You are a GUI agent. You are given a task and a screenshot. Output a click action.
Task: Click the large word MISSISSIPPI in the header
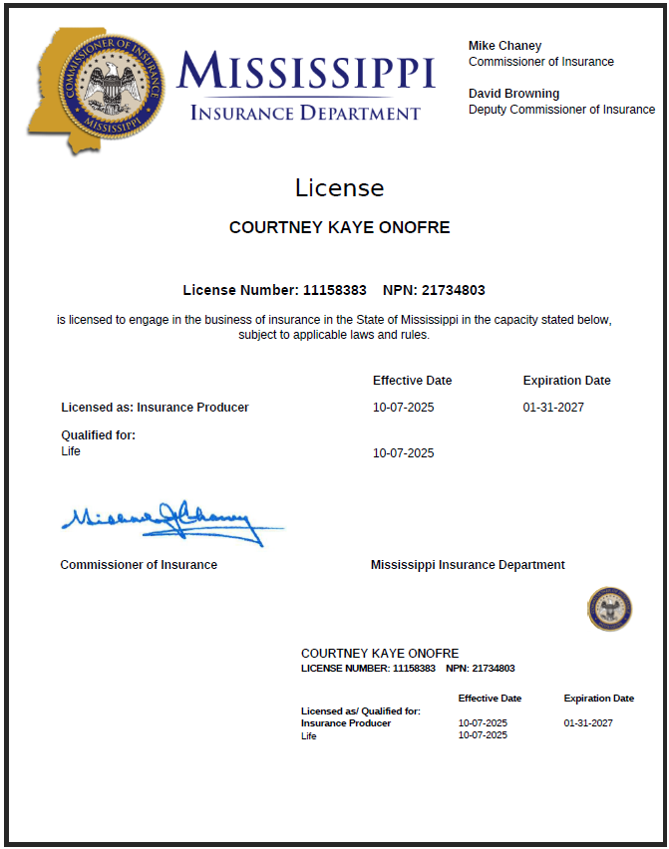(x=306, y=72)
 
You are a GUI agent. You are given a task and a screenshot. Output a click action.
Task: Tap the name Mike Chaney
(x=505, y=46)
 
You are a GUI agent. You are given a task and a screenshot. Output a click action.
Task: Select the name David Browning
(x=513, y=94)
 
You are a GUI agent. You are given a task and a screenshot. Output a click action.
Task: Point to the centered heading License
(x=339, y=187)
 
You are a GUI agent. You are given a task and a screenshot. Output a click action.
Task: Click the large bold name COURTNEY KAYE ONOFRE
(x=339, y=227)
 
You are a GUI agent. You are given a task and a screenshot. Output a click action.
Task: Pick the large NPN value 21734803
(x=454, y=290)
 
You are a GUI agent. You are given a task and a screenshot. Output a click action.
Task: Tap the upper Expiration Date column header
(x=566, y=381)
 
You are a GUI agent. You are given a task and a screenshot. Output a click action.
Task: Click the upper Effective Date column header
(x=412, y=381)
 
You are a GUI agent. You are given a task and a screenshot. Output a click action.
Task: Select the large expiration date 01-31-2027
(x=553, y=408)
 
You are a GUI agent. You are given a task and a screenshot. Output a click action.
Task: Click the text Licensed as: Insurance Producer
(x=155, y=408)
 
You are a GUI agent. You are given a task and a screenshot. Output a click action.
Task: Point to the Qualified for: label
(x=98, y=435)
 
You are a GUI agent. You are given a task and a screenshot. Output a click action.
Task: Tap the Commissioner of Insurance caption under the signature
(x=139, y=565)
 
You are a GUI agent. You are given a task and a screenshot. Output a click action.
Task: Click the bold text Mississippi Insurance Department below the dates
(x=468, y=565)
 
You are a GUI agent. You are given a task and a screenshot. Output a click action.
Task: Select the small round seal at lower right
(x=609, y=608)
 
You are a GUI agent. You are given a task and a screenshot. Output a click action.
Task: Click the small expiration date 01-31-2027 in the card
(x=588, y=723)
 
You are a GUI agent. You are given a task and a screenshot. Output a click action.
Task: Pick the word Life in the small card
(x=309, y=736)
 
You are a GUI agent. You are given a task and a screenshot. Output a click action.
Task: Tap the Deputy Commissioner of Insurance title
(x=561, y=110)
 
